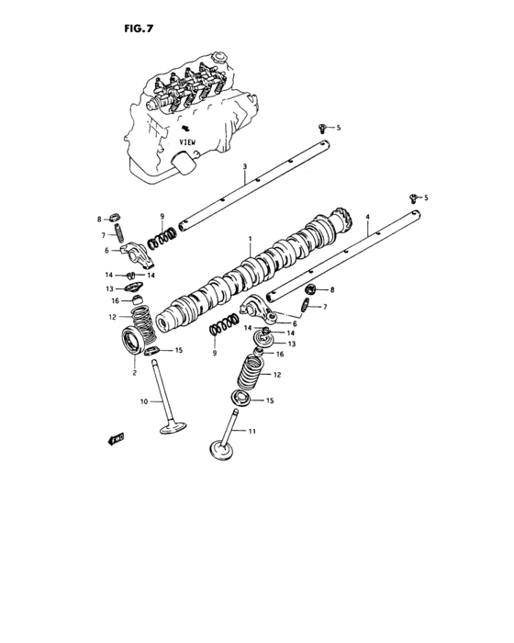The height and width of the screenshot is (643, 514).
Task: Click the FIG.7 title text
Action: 139,28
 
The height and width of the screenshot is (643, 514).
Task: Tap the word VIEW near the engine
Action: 188,143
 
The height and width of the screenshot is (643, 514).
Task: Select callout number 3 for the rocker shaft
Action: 244,167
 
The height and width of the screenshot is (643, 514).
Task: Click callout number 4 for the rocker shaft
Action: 367,218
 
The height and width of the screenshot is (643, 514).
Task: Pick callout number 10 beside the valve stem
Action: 143,401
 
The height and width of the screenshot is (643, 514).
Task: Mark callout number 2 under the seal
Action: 134,372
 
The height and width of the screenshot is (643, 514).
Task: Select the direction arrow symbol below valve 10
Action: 116,439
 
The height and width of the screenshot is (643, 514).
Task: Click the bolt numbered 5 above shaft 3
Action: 322,127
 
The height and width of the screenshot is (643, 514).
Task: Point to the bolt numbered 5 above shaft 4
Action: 413,197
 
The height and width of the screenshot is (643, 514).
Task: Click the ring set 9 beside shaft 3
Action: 163,238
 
